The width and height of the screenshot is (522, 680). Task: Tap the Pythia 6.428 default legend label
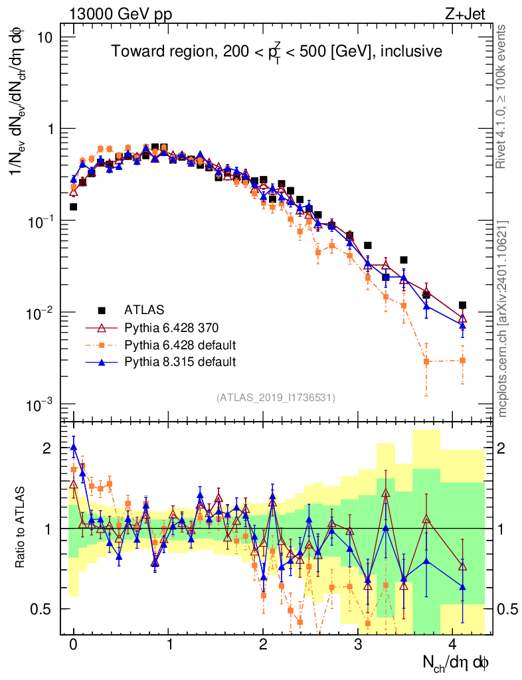(180, 345)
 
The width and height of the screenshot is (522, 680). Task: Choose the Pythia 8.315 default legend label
(180, 362)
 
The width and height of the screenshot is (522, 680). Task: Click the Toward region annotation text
(276, 52)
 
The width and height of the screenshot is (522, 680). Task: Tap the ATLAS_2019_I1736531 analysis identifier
(275, 398)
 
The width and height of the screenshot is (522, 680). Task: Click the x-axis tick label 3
(359, 645)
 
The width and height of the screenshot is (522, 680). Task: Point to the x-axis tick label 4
(453, 645)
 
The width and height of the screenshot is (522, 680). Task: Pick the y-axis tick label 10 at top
(44, 37)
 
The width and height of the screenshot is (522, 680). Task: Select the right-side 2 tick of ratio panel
(506, 448)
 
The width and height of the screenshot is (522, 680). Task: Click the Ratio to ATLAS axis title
(22, 527)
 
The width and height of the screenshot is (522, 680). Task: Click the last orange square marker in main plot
(462, 361)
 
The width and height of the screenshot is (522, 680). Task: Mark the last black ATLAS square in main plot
(462, 305)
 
